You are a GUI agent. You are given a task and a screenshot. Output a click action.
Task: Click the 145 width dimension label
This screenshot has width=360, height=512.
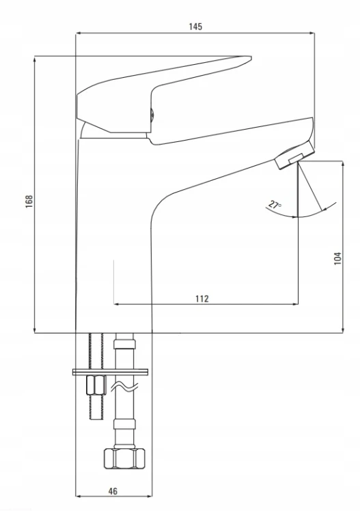pyautogui.click(x=195, y=27)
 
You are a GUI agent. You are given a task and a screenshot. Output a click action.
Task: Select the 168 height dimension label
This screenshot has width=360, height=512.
pyautogui.click(x=29, y=201)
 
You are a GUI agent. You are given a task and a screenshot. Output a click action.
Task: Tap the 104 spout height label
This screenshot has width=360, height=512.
pyautogui.click(x=337, y=258)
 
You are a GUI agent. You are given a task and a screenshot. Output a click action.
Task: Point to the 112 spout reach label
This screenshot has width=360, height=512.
pyautogui.click(x=202, y=298)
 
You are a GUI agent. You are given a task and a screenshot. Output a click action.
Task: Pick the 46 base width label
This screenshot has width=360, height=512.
pyautogui.click(x=113, y=491)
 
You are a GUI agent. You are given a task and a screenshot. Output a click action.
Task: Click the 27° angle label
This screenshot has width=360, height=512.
pyautogui.click(x=275, y=205)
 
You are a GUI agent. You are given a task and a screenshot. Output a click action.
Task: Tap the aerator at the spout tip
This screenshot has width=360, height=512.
pyautogui.click(x=294, y=156)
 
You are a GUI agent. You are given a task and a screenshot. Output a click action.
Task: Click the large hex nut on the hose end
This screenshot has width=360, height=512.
pyautogui.click(x=124, y=459)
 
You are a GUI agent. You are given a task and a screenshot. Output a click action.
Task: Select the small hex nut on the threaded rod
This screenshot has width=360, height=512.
pyautogui.click(x=96, y=385)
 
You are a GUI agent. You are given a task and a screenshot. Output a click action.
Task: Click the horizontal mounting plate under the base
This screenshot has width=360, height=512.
pyautogui.click(x=110, y=372)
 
